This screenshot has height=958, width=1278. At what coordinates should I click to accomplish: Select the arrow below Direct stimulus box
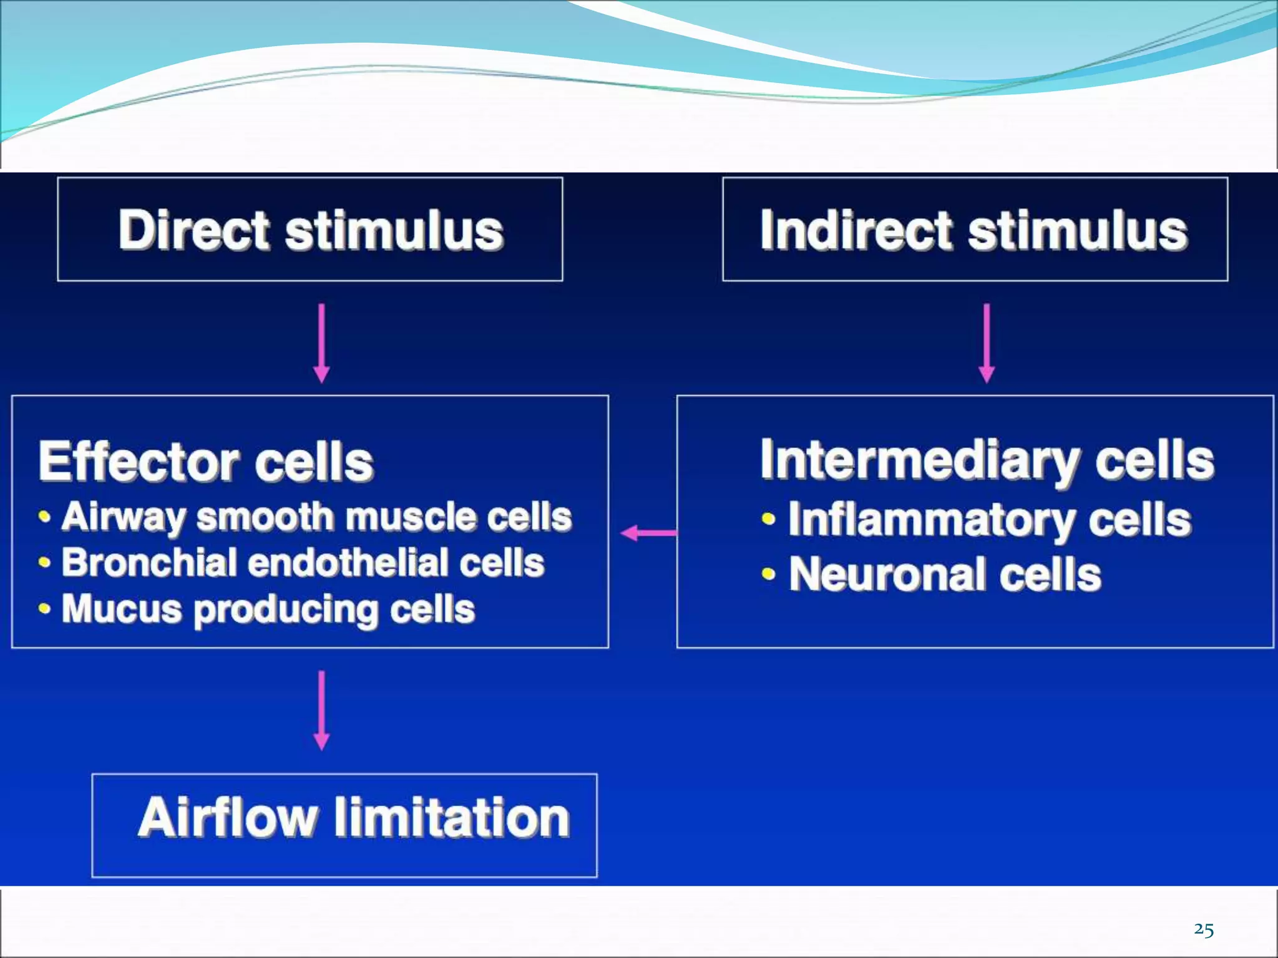(x=321, y=343)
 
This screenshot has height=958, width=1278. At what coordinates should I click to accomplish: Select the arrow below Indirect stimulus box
(x=987, y=343)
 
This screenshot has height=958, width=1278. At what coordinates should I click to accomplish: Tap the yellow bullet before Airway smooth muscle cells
(x=44, y=517)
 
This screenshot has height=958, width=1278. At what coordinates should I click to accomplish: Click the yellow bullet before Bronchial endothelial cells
(x=44, y=563)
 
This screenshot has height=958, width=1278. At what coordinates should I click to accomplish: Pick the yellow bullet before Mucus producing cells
(x=44, y=609)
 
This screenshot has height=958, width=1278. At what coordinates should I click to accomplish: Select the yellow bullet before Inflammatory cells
(x=768, y=519)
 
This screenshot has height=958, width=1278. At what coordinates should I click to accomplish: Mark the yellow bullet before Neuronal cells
(x=768, y=574)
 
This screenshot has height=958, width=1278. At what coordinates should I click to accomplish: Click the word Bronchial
(x=149, y=563)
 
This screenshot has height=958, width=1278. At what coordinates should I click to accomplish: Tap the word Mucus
(x=122, y=609)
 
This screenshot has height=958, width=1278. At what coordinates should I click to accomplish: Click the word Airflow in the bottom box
(x=228, y=818)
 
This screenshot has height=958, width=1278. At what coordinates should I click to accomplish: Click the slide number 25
(x=1203, y=930)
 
